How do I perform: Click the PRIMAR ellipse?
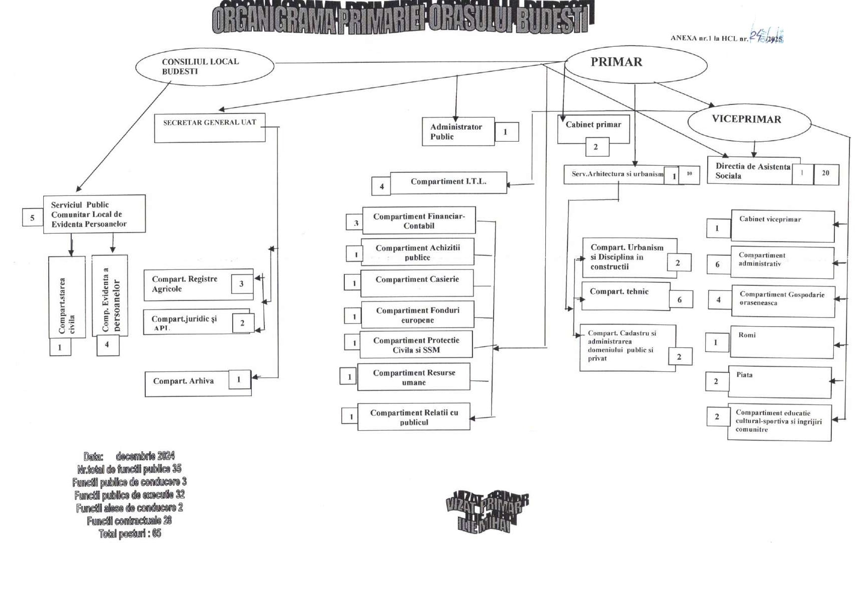pos(636,64)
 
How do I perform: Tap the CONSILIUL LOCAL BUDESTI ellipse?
pos(205,66)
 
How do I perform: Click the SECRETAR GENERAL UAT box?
pos(210,128)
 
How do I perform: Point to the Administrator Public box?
pos(458,132)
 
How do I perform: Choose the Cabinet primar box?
pos(593,128)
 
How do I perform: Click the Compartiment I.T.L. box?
pos(448,182)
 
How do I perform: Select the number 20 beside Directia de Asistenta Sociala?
pos(826,174)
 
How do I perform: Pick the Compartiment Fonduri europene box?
pos(417,315)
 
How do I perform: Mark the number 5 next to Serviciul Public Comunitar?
pos(33,218)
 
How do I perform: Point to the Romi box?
pos(781,343)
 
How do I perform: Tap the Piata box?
pos(779,382)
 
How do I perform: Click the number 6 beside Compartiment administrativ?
pos(718,264)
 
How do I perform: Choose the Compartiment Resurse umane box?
pos(414,377)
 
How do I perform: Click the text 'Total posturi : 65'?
pos(130,534)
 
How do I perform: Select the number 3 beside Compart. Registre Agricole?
pos(241,284)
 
